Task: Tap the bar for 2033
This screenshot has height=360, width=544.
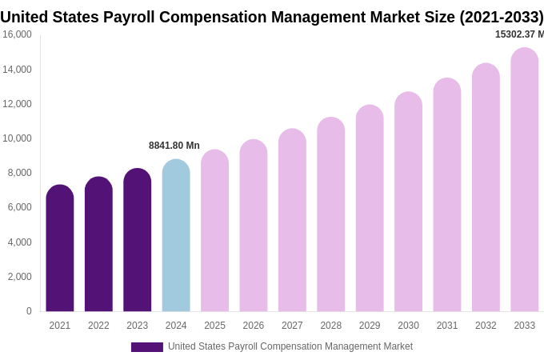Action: coord(525,180)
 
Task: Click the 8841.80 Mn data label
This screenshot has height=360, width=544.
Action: coord(174,146)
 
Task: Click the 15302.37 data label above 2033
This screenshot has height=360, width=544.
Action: coord(519,34)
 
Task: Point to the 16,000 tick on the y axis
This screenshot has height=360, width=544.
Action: coord(18,34)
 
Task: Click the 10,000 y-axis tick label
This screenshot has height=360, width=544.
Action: coord(18,138)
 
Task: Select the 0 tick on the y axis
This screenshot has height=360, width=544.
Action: coord(29,311)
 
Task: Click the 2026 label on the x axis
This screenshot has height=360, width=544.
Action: coord(254,326)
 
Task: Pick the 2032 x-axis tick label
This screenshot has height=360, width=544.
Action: coord(486,326)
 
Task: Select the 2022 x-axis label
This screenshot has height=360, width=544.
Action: coord(98,326)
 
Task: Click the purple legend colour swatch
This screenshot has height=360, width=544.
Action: coord(147,347)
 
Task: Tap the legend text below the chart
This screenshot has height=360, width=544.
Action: coord(290,346)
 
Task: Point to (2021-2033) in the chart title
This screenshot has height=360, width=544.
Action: coord(501,17)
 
